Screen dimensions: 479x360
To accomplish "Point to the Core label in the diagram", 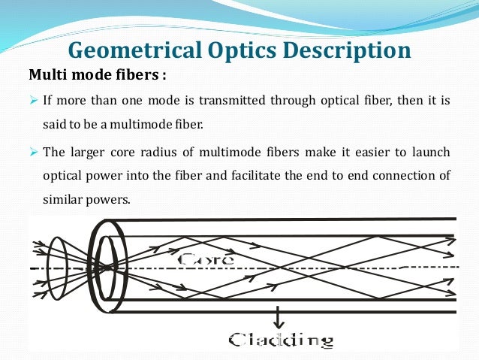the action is tap(206, 258).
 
